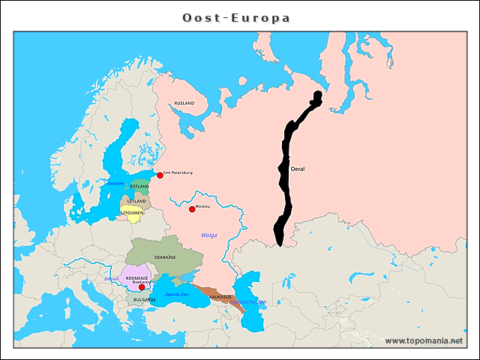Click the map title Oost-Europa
pyautogui.click(x=237, y=17)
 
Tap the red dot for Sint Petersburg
pyautogui.click(x=160, y=175)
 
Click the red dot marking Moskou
pyautogui.click(x=192, y=208)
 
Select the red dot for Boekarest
pyautogui.click(x=142, y=287)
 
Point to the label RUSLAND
pyautogui.click(x=184, y=103)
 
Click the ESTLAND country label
pyautogui.click(x=139, y=186)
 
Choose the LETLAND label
pyautogui.click(x=137, y=201)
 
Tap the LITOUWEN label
pyautogui.click(x=133, y=213)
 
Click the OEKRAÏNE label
pyautogui.click(x=165, y=256)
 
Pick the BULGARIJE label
pyautogui.click(x=145, y=299)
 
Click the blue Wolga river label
pyautogui.click(x=208, y=235)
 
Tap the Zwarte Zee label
pyautogui.click(x=177, y=294)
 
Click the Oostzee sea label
pyautogui.click(x=115, y=183)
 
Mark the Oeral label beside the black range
pyautogui.click(x=298, y=169)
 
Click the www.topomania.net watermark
pyautogui.click(x=423, y=340)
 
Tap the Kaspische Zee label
pyautogui.click(x=253, y=301)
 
